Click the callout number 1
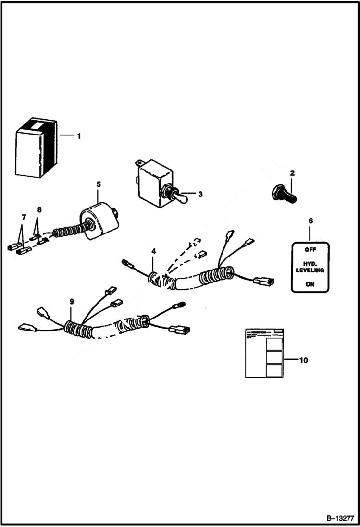click(x=79, y=136)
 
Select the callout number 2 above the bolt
click(x=292, y=173)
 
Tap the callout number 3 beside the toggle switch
click(x=200, y=195)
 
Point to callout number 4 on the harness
click(x=153, y=251)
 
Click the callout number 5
click(x=99, y=184)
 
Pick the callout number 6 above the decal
click(x=310, y=221)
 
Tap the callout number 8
click(x=39, y=210)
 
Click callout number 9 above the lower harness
click(x=72, y=301)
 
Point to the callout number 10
click(x=303, y=359)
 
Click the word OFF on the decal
click(x=310, y=250)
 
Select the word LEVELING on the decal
click(x=310, y=270)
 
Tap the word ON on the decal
click(x=310, y=284)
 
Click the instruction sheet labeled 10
click(x=264, y=353)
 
